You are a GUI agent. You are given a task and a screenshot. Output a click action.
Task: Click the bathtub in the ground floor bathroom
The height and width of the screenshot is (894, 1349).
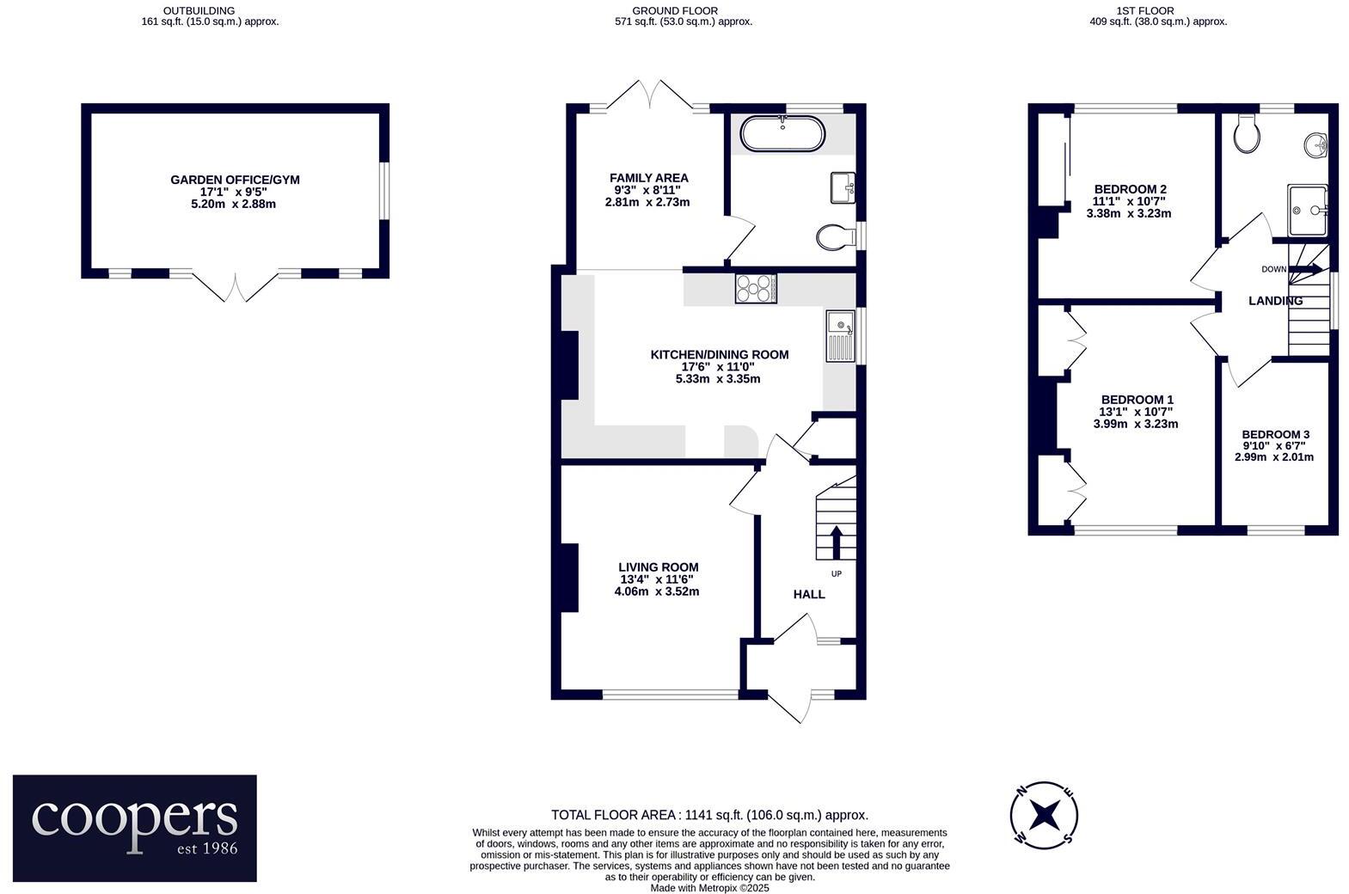tap(782, 134)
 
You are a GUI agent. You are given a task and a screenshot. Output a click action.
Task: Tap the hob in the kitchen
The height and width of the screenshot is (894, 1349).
tap(756, 288)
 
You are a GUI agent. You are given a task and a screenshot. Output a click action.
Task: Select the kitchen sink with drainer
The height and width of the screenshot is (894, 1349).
tap(840, 336)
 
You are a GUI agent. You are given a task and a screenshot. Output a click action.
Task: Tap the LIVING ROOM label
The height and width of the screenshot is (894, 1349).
tap(658, 567)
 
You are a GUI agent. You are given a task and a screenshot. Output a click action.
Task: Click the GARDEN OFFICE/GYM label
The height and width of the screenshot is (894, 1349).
tap(235, 180)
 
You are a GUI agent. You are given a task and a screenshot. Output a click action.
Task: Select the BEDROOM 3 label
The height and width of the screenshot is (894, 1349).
tap(1275, 435)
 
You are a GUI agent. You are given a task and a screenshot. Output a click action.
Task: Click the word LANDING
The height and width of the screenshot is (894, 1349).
tap(1275, 301)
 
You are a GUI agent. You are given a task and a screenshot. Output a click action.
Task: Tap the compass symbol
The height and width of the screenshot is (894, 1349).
tap(1044, 813)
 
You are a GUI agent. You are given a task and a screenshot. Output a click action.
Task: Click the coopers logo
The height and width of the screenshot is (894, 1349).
tap(135, 828)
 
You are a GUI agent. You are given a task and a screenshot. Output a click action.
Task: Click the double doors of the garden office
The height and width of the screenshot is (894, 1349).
tap(236, 286)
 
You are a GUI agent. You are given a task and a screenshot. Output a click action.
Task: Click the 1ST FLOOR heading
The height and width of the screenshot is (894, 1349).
tap(1157, 11)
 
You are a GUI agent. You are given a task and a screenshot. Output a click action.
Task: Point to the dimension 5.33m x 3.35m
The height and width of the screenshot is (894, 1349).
tap(718, 378)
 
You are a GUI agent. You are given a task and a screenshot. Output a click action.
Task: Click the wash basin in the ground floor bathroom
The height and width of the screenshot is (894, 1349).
tap(842, 187)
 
